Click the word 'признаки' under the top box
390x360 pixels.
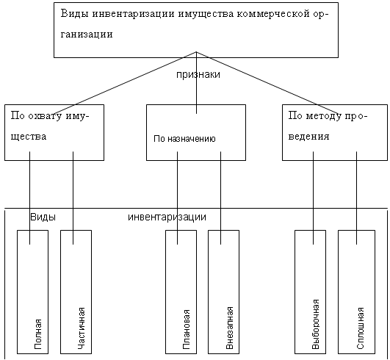(198, 75)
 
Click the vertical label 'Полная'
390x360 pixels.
(37, 334)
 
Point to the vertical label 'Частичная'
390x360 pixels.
(82, 328)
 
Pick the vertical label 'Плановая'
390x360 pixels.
(187, 329)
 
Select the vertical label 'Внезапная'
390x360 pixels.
(229, 328)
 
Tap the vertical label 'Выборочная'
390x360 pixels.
(315, 324)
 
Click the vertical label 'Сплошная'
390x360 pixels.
(360, 328)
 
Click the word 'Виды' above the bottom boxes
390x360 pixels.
(43, 217)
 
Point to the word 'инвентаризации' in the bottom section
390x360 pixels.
(167, 217)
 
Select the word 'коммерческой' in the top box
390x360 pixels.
(273, 14)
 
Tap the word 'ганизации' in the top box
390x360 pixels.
(87, 34)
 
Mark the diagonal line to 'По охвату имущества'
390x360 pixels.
(125, 83)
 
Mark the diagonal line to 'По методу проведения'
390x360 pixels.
(267, 83)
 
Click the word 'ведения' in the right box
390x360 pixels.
(308, 137)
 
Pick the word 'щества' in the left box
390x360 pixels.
(29, 137)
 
